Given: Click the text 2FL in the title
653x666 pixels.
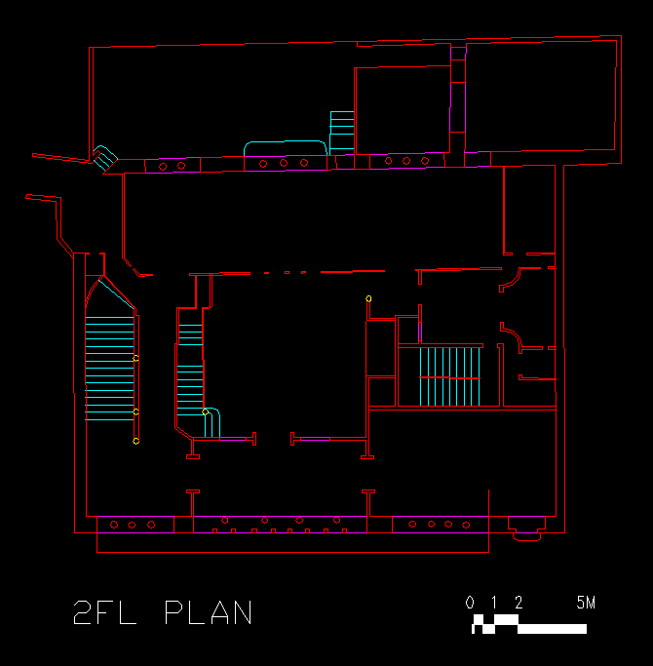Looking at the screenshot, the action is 105,612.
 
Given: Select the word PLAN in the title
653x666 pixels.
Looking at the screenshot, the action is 209,612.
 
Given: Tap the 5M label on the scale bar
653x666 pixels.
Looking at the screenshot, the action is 586,603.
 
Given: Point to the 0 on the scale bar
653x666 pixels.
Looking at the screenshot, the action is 470,603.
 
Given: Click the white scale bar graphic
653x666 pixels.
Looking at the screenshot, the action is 529,624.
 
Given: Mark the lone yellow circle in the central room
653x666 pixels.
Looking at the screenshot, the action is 368,299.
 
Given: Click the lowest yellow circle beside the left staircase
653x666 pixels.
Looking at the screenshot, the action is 135,442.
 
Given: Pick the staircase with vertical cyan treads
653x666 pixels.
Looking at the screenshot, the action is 449,376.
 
